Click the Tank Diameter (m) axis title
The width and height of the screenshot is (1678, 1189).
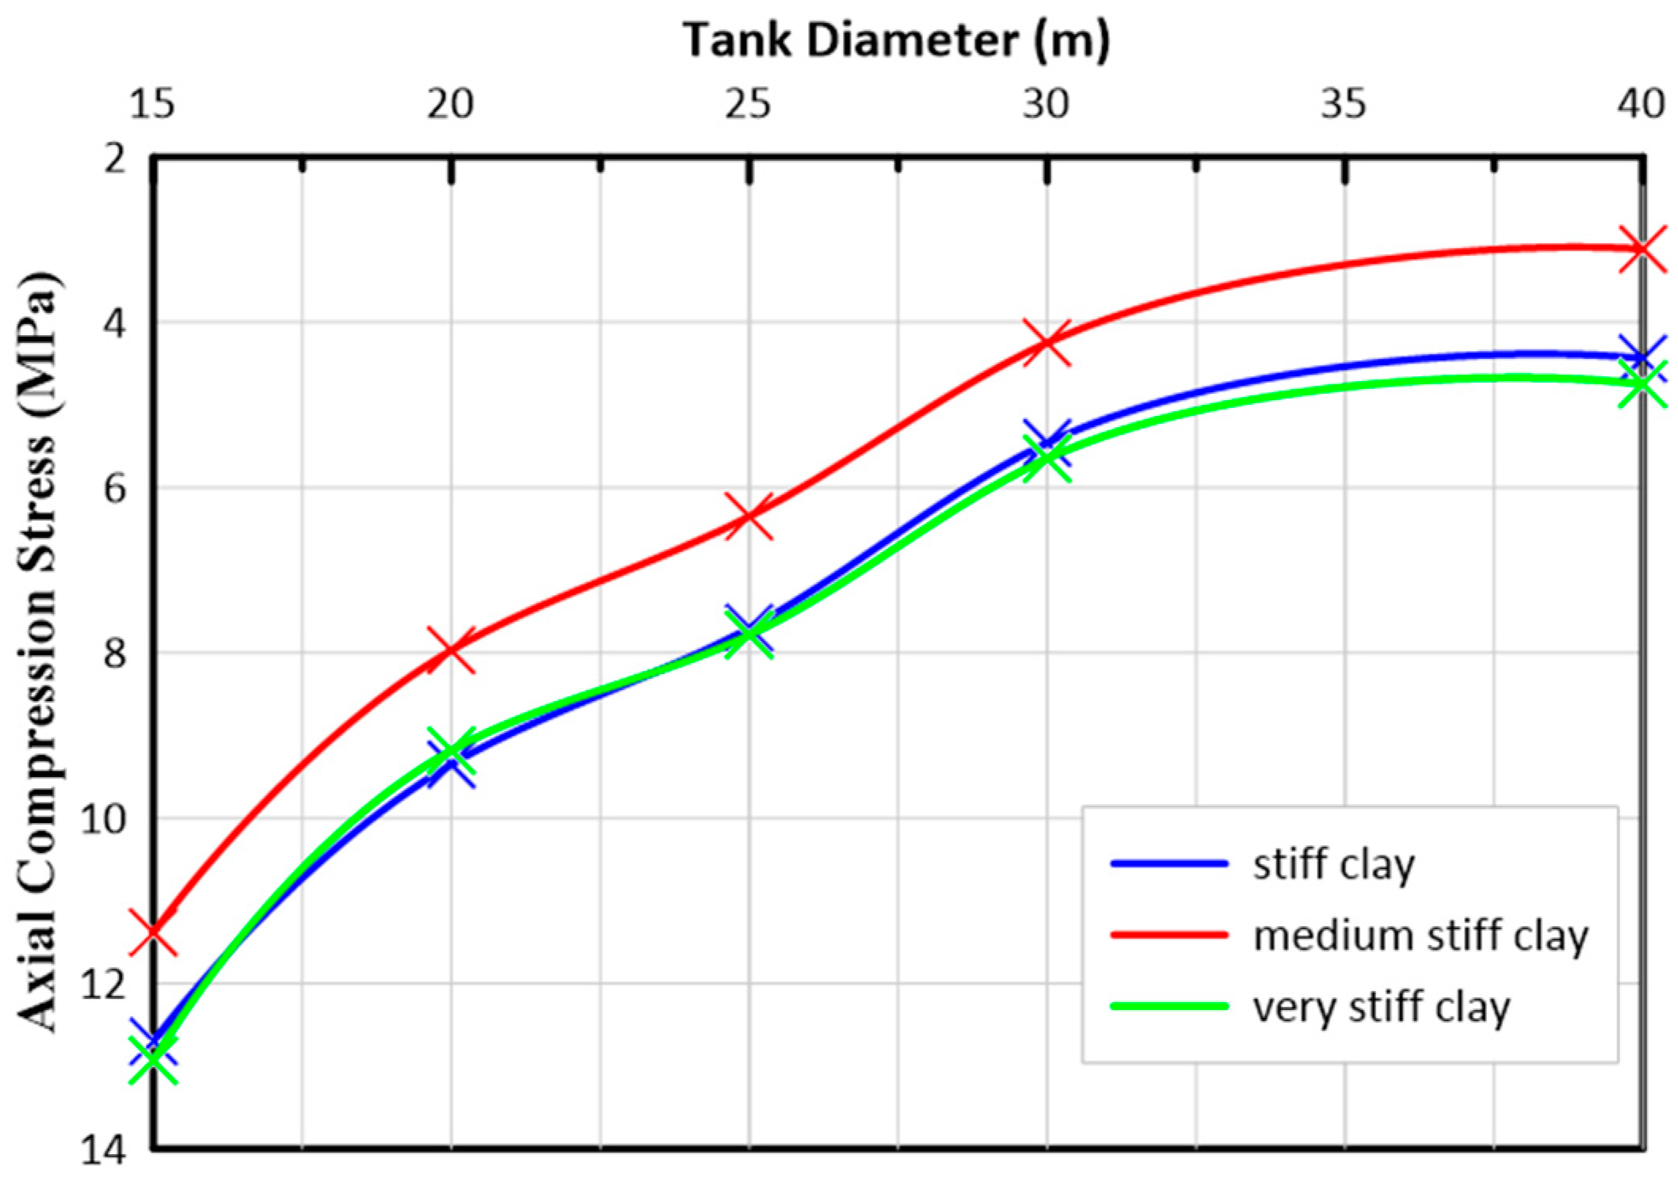click(x=896, y=40)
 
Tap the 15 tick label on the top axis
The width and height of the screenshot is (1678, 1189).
click(x=152, y=104)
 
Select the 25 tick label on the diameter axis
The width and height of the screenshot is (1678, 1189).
click(x=747, y=104)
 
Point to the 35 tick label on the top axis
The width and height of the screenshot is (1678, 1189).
click(x=1343, y=104)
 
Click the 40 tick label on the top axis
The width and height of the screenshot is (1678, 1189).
click(x=1641, y=104)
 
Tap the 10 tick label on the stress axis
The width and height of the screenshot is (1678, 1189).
click(x=104, y=818)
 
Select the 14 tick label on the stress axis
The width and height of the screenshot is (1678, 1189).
click(x=104, y=1150)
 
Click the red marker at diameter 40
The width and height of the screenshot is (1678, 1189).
click(x=1641, y=249)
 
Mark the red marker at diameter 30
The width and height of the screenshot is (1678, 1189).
click(x=1047, y=342)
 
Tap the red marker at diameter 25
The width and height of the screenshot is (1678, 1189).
click(x=749, y=515)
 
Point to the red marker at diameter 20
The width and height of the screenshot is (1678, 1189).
click(x=452, y=650)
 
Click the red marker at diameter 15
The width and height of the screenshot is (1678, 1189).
click(x=153, y=932)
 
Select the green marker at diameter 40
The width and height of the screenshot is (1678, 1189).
click(x=1641, y=384)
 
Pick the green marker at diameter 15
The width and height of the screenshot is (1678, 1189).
click(x=153, y=1058)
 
